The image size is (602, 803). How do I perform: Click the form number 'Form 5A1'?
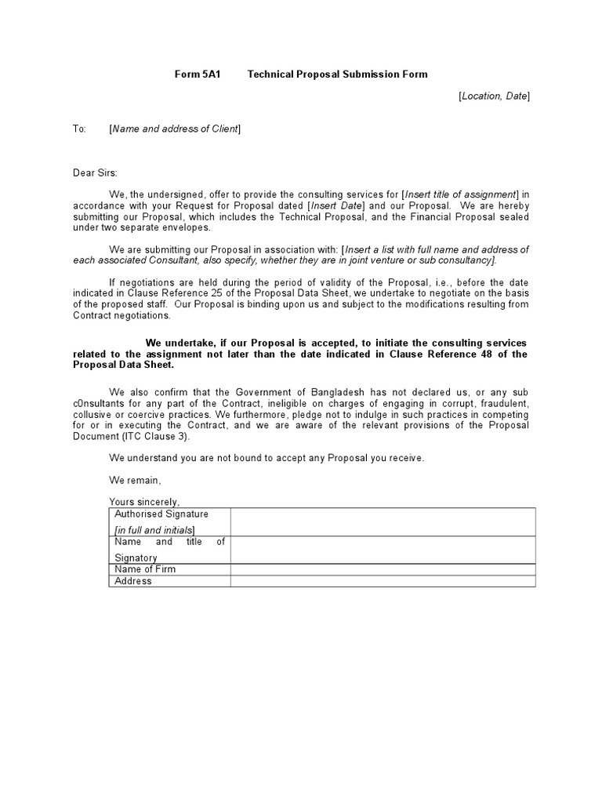[194, 74]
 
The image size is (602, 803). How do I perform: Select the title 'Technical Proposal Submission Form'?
[338, 74]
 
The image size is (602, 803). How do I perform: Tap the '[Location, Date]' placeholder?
[494, 96]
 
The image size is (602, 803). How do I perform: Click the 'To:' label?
[79, 129]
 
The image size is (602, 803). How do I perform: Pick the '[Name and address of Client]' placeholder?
[175, 129]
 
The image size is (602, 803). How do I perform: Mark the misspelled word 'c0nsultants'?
[98, 403]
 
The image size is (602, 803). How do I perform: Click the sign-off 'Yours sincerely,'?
[144, 502]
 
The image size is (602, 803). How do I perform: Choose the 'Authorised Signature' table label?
[161, 514]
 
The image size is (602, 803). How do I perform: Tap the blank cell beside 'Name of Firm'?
[383, 569]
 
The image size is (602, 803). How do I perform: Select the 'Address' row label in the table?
[133, 581]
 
